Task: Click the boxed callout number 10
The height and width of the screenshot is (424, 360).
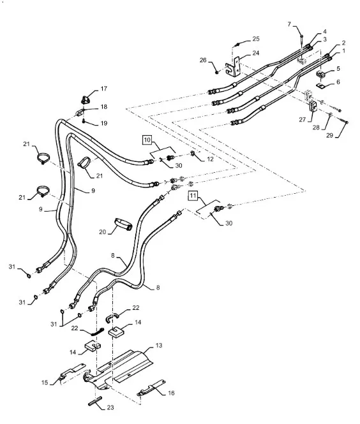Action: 147,140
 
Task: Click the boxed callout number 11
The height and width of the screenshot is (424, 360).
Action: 193,196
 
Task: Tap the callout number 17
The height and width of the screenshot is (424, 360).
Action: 104,89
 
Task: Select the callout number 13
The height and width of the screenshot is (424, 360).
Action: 158,346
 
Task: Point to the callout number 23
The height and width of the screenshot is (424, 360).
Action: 110,407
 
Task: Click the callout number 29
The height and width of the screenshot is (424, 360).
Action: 329,135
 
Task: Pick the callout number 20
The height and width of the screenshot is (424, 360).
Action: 102,231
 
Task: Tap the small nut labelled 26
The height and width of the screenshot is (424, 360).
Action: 217,72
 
